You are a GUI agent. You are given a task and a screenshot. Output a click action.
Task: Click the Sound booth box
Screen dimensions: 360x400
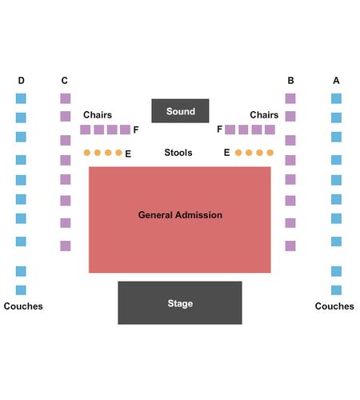pos(180,111)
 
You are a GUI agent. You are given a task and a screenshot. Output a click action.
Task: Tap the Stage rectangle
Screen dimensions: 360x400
pos(180,302)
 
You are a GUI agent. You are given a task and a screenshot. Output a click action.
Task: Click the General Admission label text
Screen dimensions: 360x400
pos(180,215)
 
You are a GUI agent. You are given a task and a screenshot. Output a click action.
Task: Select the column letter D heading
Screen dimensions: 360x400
pos(22,80)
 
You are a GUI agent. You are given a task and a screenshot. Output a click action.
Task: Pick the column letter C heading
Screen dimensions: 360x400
pos(65,80)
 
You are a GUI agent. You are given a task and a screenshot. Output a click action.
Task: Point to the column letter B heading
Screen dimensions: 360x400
pos(290,80)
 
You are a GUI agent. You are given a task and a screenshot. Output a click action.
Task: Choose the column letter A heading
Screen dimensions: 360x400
pos(336,80)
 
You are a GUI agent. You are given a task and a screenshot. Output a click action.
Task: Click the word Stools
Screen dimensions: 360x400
pos(178,153)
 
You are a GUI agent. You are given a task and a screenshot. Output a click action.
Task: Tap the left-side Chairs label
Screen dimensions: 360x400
pos(98,114)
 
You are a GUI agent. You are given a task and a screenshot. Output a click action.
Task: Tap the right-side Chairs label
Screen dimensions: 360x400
pos(264,114)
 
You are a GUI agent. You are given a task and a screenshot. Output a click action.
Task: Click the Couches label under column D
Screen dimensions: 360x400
pos(23,306)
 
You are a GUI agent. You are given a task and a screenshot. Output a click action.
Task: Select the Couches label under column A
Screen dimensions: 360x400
pos(334,306)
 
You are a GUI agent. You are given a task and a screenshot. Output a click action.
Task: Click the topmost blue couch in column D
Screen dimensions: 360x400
pos(21,98)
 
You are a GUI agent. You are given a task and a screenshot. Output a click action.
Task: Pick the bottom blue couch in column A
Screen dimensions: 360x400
pos(336,290)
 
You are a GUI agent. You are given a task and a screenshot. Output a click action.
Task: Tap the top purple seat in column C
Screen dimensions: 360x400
pos(66,98)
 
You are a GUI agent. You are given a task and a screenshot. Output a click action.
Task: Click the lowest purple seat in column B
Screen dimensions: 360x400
pos(290,246)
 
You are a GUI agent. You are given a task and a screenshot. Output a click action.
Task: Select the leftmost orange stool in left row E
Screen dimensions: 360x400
pos(87,153)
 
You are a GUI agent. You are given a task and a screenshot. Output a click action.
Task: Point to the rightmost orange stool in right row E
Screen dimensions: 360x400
pos(270,153)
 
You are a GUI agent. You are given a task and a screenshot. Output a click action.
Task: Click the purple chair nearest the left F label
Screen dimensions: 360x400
pos(125,130)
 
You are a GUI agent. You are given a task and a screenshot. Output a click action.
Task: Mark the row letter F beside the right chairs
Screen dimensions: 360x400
pos(219,129)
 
